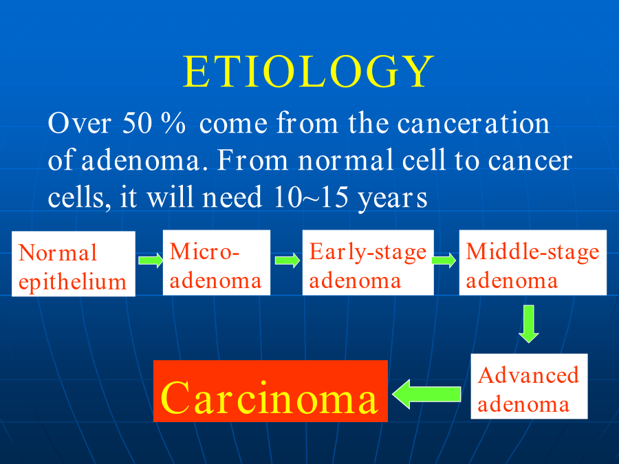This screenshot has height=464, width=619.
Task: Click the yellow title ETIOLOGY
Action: [x=308, y=71]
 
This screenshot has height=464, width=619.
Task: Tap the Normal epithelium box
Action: [x=74, y=264]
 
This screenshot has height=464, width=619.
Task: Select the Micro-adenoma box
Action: [x=217, y=263]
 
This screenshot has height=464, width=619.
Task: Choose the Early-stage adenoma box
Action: [x=368, y=263]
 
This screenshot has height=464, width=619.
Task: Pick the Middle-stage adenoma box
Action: [x=532, y=263]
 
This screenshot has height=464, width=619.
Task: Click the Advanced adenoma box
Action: [x=529, y=386]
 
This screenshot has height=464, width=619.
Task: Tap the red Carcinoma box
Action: [x=270, y=391]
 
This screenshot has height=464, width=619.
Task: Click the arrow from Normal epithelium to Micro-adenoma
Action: [x=151, y=261]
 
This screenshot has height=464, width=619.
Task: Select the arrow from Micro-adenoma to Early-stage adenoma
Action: [x=287, y=261]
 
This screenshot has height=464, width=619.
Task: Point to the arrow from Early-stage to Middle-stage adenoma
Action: [x=444, y=261]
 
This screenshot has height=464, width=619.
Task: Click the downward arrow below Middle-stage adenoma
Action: [x=529, y=324]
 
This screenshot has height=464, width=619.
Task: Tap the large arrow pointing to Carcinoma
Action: [x=426, y=394]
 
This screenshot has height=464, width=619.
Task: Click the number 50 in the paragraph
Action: [x=137, y=123]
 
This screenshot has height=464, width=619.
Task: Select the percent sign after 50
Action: [x=173, y=123]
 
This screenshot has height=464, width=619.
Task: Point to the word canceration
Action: [x=473, y=123]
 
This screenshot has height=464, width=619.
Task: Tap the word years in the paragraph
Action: [x=393, y=199]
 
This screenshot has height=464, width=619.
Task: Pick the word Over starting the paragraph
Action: [x=79, y=123]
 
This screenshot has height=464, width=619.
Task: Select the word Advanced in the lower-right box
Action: [x=528, y=375]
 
